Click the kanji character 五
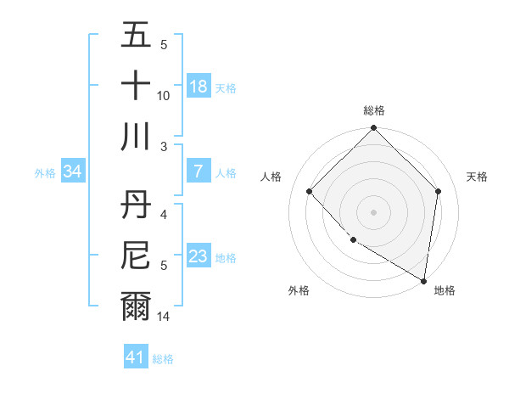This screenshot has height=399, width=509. click(x=137, y=36)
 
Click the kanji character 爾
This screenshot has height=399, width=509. click(x=137, y=306)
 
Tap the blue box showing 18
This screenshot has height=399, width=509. click(x=199, y=86)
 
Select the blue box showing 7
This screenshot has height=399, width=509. click(x=199, y=171)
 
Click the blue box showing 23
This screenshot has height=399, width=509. click(x=199, y=256)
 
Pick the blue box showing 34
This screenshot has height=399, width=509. click(x=73, y=171)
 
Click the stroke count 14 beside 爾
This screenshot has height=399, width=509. click(x=165, y=317)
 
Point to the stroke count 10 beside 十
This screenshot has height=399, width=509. click(x=164, y=96)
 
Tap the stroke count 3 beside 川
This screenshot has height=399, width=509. click(x=164, y=147)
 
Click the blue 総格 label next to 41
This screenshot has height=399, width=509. click(x=164, y=359)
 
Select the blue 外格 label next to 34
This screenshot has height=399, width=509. click(x=45, y=172)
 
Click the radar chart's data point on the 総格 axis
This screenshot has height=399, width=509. click(x=373, y=129)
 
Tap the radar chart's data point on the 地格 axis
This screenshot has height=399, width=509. click(x=424, y=281)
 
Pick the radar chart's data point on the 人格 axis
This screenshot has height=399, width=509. click(x=310, y=191)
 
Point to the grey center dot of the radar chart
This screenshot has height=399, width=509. click(x=373, y=211)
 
